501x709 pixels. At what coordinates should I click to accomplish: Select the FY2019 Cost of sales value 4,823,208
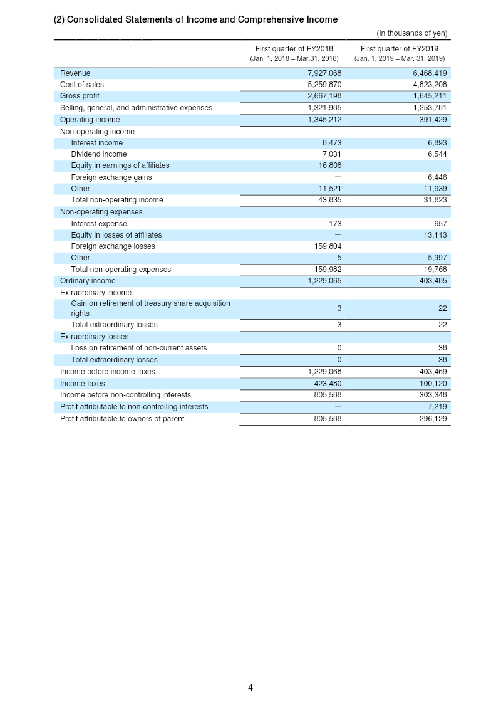click(430, 85)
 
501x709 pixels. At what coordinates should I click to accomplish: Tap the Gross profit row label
click(80, 96)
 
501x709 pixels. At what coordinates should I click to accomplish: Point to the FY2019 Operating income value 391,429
click(433, 120)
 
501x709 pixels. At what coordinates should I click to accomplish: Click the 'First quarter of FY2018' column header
click(294, 49)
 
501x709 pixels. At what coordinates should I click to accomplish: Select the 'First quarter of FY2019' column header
click(400, 49)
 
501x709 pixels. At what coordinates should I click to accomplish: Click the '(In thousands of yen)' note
click(411, 33)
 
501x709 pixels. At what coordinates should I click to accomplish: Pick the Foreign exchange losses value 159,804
click(328, 246)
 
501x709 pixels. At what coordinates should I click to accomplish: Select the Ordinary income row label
click(88, 281)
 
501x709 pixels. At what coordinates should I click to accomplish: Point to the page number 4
click(250, 688)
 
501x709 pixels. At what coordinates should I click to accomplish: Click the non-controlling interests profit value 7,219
click(437, 407)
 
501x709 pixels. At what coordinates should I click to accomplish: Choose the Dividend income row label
click(99, 154)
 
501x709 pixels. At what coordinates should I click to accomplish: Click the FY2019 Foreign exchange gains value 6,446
click(437, 177)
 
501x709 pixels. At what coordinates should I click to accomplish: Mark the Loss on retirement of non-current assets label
click(138, 348)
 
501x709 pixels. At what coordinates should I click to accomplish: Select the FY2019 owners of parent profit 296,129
click(433, 419)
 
